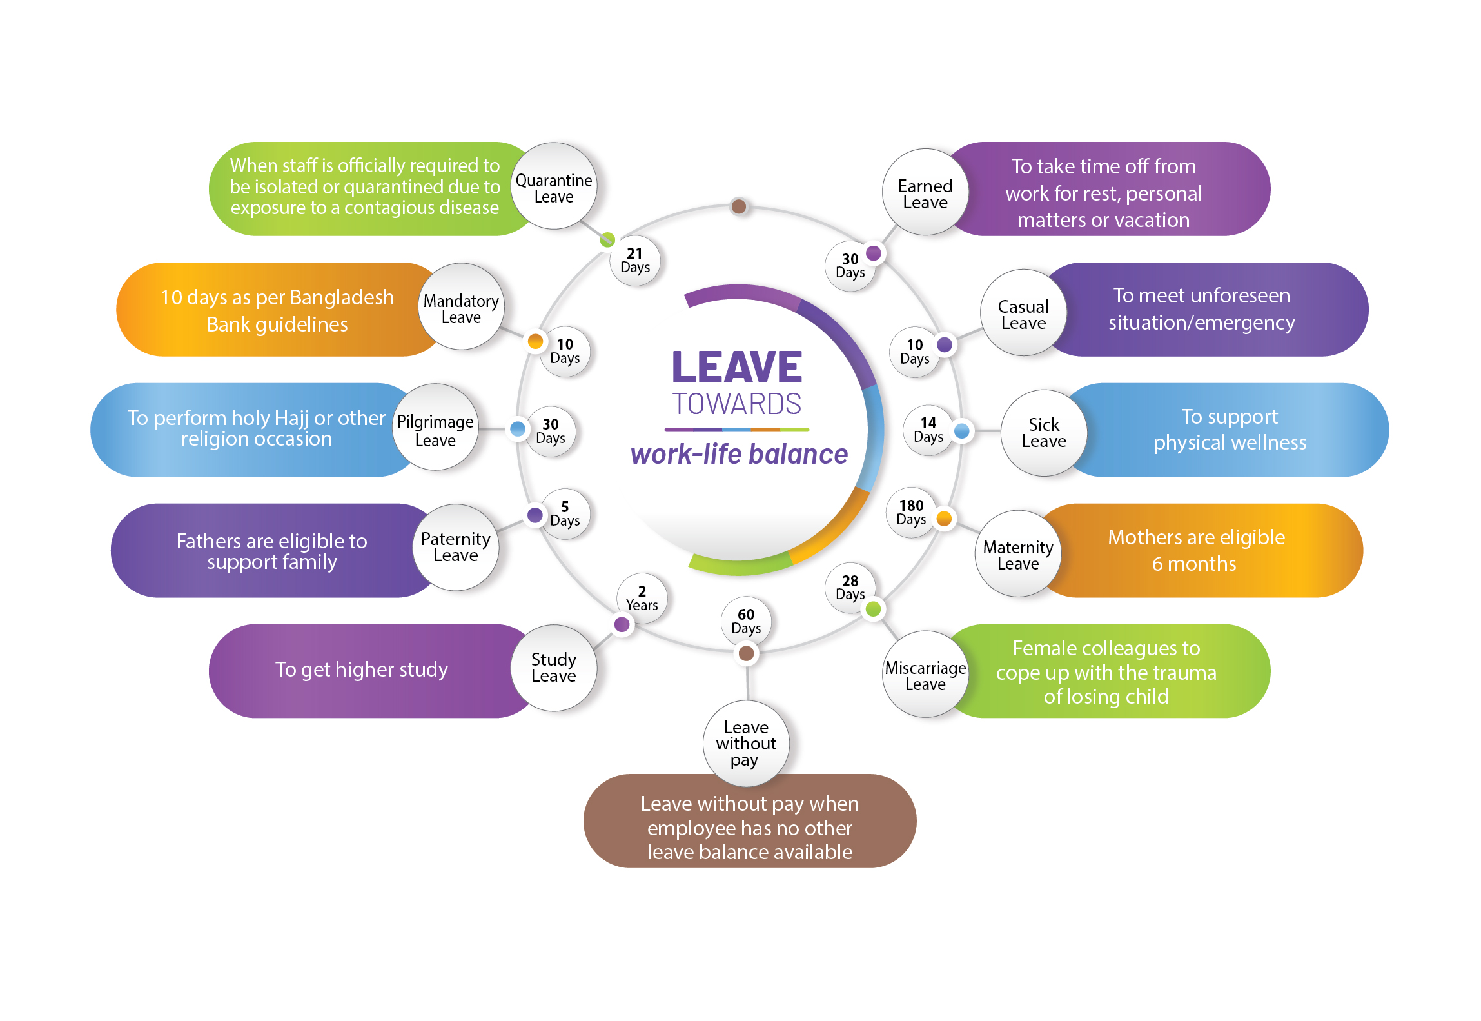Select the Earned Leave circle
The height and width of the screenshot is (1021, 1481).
[925, 192]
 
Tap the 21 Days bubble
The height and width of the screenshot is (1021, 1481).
[635, 261]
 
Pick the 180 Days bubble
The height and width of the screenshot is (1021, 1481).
[911, 512]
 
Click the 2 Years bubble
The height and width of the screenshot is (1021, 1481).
[642, 599]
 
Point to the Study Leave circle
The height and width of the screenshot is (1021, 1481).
[553, 668]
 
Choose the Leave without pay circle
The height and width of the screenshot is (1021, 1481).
[746, 744]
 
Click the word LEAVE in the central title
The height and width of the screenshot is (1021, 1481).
[737, 368]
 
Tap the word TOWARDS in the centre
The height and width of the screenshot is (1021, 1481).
[737, 404]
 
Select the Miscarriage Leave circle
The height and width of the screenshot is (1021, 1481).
[925, 675]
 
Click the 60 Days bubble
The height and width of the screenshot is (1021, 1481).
[746, 621]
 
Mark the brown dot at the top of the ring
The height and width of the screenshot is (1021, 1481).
[739, 206]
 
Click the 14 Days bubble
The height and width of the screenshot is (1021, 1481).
[928, 430]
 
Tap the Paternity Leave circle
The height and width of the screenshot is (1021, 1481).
[456, 548]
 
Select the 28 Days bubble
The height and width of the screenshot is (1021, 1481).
[850, 588]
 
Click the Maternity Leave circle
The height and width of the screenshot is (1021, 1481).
[1018, 554]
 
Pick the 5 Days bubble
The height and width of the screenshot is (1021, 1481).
[565, 514]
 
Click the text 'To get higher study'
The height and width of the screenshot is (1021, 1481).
[361, 669]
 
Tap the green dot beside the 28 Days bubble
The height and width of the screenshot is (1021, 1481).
[874, 608]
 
